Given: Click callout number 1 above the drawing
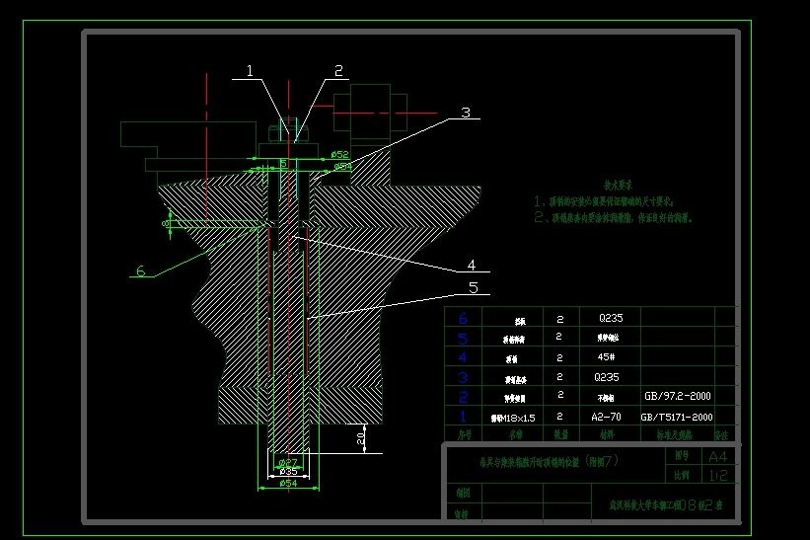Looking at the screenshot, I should [x=250, y=70].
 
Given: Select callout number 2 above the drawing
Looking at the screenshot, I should [x=337, y=70].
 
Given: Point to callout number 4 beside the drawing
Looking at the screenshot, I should [x=472, y=265].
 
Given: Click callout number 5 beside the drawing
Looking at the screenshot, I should [x=473, y=287].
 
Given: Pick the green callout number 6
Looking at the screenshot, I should [x=140, y=270].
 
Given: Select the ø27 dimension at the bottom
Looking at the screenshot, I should [x=288, y=462].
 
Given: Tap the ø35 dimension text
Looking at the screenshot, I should [x=288, y=472].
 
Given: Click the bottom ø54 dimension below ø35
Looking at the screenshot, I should [x=288, y=484].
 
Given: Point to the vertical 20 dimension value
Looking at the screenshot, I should [x=361, y=435].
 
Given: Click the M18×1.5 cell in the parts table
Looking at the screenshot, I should [x=513, y=419].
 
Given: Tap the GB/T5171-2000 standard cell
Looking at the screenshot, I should [x=676, y=418].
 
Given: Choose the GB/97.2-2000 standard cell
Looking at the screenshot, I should [x=676, y=396].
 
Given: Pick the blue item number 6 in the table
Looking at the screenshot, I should [x=464, y=318].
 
